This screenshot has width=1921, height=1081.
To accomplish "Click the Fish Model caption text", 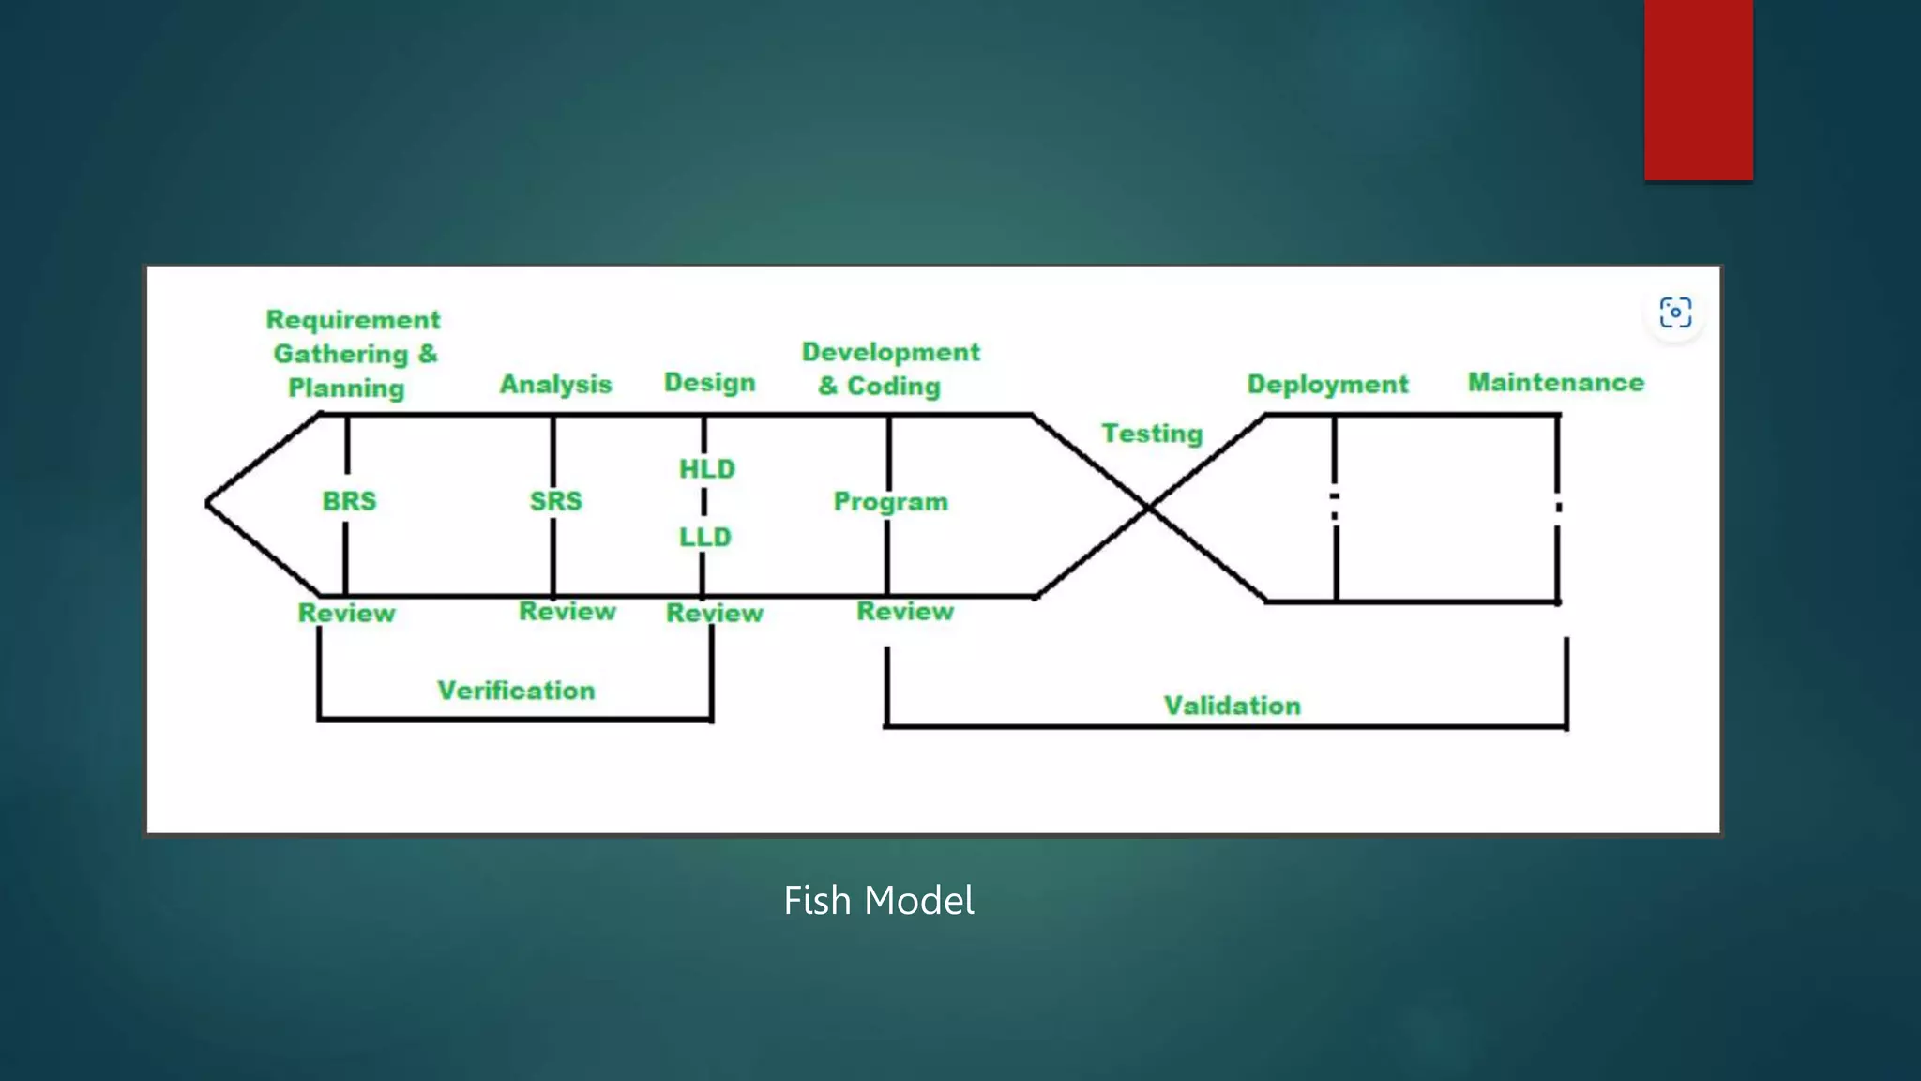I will [879, 901].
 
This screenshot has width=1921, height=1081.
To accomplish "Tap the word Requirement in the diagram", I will [353, 320].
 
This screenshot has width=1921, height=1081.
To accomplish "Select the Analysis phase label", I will [555, 384].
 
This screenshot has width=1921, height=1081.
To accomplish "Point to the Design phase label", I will [710, 383].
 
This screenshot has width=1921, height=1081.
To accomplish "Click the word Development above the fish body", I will [890, 352].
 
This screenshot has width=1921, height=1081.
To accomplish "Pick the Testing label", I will [1152, 434].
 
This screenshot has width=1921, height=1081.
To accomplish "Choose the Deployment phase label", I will [1327, 384].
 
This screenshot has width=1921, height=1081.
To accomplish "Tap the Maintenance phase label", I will [1556, 383].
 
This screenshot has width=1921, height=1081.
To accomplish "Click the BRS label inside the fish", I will [349, 501].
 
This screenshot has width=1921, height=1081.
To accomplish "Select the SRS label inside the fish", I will [555, 501].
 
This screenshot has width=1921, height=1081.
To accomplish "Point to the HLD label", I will [707, 469].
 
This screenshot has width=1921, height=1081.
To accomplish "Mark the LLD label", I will [705, 538].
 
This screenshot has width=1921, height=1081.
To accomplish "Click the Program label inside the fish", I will [891, 502].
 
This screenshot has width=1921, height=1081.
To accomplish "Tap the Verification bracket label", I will [516, 691].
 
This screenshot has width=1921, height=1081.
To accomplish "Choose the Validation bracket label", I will [1233, 706].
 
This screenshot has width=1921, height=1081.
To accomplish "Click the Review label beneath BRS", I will [347, 614].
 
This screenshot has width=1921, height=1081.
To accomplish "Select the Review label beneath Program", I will [905, 612].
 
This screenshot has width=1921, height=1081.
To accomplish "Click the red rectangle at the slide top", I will [1698, 89].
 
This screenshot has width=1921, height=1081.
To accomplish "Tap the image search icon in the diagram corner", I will [1675, 312].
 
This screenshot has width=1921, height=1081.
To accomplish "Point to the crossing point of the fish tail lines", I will [1149, 507].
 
